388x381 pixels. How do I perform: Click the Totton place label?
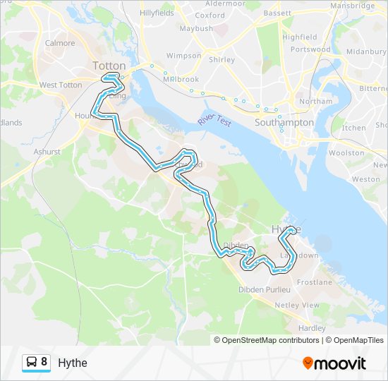[x=109, y=66]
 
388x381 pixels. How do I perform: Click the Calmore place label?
[x=60, y=43]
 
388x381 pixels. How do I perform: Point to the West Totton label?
[x=61, y=85]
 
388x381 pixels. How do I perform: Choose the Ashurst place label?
[x=47, y=151]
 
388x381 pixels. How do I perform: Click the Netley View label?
[x=296, y=305]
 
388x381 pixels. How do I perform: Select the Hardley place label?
[x=312, y=328]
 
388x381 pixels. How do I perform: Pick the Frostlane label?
[x=314, y=282]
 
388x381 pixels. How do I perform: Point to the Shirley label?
[x=222, y=60]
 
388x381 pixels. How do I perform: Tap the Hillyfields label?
[x=157, y=13]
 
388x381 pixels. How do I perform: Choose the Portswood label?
[x=310, y=50]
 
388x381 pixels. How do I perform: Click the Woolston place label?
[x=346, y=152]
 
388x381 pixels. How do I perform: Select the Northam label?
[x=315, y=102]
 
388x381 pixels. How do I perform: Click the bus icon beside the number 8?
[x=32, y=363]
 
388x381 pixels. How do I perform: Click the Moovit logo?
[x=334, y=363]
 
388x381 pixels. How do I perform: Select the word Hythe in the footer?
[x=73, y=363]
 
